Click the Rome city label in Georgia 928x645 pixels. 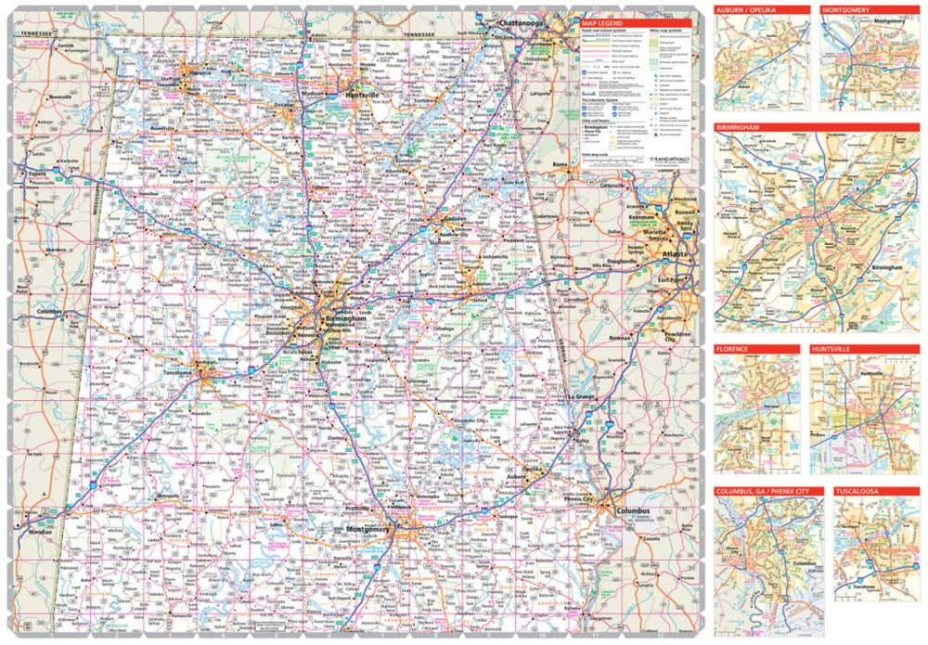point(561,164)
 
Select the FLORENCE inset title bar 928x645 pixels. point(733,349)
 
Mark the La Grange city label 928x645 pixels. point(581,398)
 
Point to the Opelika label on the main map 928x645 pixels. point(531,470)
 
